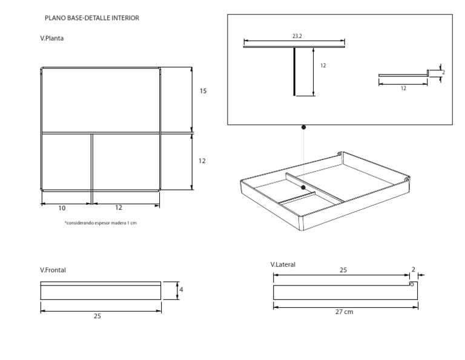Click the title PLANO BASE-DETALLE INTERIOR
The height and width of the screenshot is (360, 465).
(x=91, y=18)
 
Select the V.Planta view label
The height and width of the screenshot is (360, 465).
(x=52, y=38)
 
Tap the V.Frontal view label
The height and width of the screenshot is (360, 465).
(x=53, y=270)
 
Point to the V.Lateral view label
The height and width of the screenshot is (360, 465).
(x=283, y=264)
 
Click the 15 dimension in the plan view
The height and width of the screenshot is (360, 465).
(x=203, y=91)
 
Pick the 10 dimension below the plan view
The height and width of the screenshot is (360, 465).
(x=62, y=207)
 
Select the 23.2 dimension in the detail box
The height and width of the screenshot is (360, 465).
(x=297, y=36)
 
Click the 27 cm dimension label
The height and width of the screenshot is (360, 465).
(x=344, y=312)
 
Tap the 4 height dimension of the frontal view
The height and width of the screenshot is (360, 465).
(x=181, y=290)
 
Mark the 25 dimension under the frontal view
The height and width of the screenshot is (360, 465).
(x=97, y=316)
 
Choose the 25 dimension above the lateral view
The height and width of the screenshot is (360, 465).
(x=343, y=270)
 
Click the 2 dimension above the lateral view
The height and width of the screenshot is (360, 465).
(x=414, y=269)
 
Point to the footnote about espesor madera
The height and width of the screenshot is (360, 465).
(x=101, y=223)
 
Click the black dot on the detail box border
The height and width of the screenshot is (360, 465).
(x=303, y=127)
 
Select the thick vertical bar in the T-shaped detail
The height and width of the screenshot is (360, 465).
(x=295, y=72)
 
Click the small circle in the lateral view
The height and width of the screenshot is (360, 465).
(x=412, y=284)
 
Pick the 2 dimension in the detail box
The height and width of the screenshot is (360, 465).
(x=443, y=72)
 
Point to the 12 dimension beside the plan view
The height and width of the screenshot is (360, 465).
(x=202, y=161)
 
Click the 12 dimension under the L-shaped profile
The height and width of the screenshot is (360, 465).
(x=403, y=88)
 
